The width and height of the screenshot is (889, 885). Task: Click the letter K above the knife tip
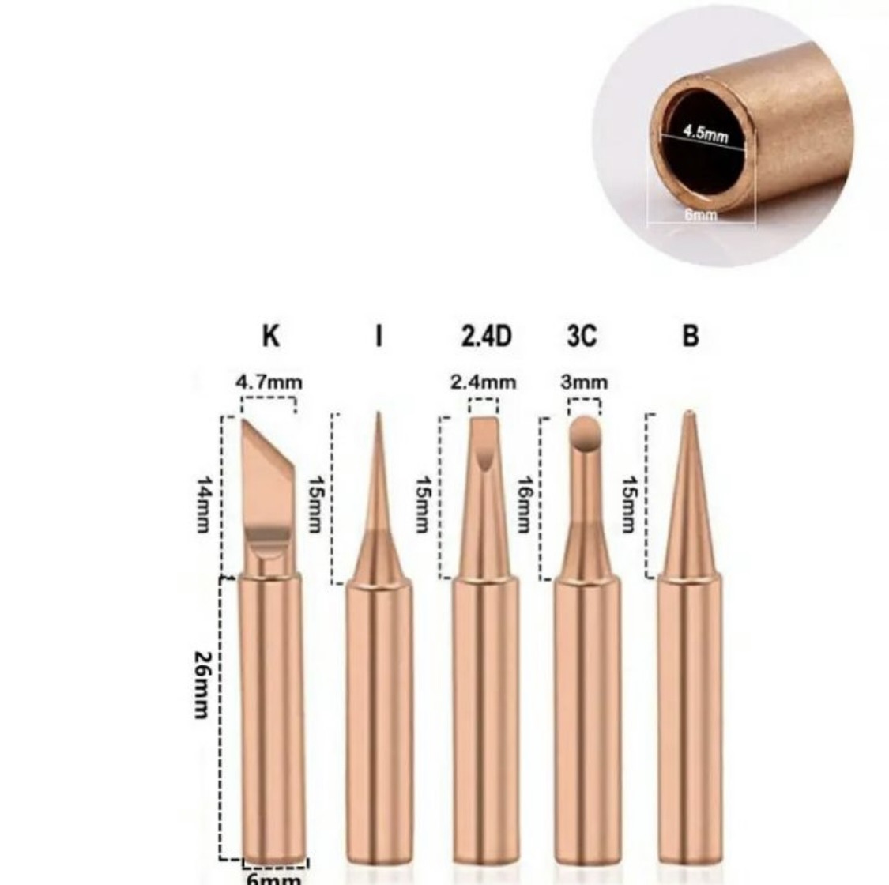point(271,336)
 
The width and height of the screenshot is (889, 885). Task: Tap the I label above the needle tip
point(379,336)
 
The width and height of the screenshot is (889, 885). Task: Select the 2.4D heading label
point(486,336)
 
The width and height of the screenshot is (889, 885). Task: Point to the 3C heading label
point(582,336)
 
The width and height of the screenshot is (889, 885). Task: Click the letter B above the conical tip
point(690,336)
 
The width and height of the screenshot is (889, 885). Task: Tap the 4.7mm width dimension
point(269,382)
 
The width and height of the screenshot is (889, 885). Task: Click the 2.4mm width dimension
point(483,382)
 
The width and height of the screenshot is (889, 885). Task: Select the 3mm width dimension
point(584,382)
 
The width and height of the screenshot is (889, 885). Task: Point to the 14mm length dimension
point(203,505)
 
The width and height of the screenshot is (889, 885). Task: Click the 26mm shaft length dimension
point(203,685)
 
